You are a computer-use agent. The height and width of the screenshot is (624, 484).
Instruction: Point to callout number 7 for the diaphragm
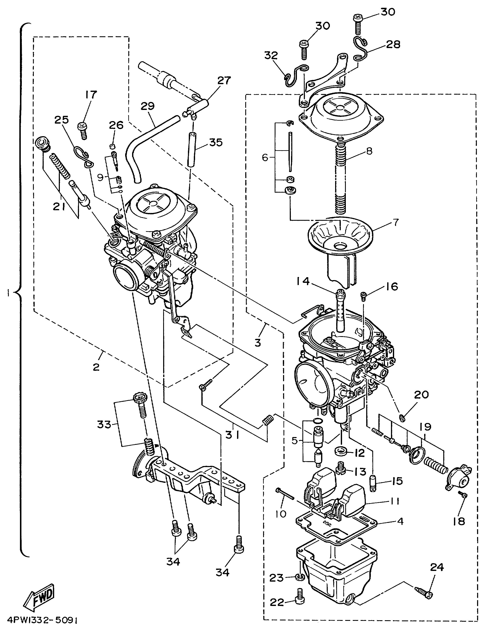[396, 222]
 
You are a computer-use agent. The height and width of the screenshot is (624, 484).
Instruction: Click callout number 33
[104, 425]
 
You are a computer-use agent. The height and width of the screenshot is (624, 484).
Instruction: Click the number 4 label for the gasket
[400, 521]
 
